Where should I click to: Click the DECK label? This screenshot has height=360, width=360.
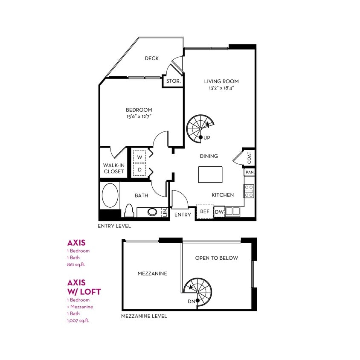tap(151, 58)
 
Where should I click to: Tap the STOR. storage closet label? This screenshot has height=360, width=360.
tap(173, 81)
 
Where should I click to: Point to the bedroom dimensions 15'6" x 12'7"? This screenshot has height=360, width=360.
tap(139, 116)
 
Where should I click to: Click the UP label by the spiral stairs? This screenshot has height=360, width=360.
tap(207, 138)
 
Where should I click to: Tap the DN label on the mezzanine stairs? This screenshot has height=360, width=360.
tap(191, 302)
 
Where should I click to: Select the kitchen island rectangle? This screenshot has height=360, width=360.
tap(210, 174)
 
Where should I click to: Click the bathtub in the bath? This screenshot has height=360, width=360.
tap(110, 196)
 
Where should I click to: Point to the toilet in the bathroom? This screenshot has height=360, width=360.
tap(129, 211)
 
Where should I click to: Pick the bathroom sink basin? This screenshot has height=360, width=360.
tap(153, 212)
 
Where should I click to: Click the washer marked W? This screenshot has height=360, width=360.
tap(139, 157)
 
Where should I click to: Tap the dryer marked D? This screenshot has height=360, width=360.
tap(139, 170)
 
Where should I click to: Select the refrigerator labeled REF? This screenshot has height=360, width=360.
tap(204, 212)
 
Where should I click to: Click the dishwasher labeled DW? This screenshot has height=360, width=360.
tap(219, 212)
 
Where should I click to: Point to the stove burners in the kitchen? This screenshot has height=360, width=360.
tap(249, 191)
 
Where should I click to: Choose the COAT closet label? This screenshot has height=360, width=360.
tap(249, 158)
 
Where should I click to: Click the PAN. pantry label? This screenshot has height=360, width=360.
tap(249, 173)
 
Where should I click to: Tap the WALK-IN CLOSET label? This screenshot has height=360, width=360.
tap(113, 168)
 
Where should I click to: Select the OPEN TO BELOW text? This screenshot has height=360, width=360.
tap(216, 258)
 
